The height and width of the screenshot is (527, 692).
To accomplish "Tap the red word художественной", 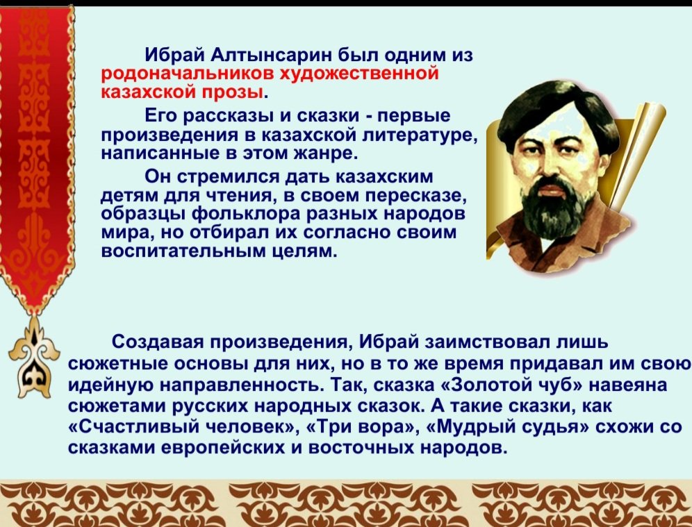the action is [x=359, y=74].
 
